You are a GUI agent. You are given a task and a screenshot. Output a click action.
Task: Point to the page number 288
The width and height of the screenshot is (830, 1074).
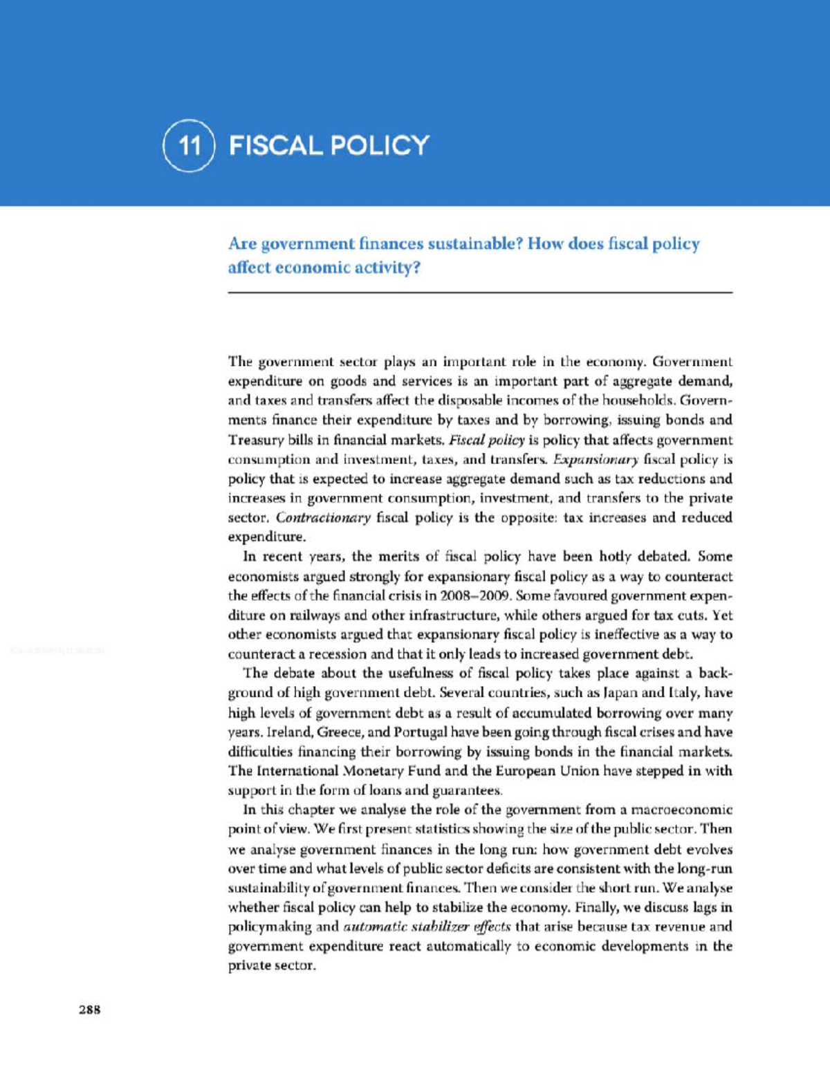90,1010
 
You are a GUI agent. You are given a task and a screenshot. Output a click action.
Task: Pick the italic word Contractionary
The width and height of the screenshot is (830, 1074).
324,517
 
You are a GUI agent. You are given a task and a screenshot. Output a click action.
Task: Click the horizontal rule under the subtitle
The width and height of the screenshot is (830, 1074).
480,293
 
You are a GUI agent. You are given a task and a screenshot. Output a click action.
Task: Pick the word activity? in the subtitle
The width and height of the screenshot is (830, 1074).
386,268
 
